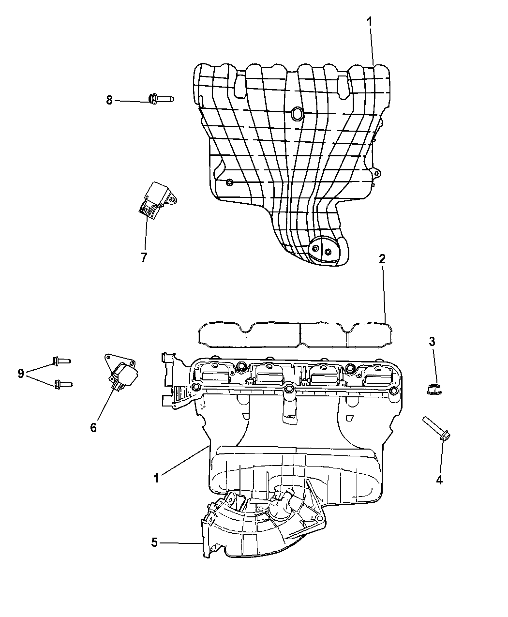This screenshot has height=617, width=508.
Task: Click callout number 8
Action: (109, 100)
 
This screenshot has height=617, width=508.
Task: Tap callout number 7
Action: (144, 257)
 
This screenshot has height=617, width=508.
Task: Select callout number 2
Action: (382, 259)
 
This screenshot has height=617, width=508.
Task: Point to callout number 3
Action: (432, 342)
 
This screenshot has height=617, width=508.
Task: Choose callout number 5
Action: (154, 542)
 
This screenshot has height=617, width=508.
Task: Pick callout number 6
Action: (93, 427)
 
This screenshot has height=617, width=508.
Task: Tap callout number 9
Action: (21, 374)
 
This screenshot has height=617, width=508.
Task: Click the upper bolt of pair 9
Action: (61, 361)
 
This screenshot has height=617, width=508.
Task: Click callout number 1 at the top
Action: (370, 22)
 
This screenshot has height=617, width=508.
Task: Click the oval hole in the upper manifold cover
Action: (297, 113)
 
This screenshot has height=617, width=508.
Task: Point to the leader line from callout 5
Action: (181, 543)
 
